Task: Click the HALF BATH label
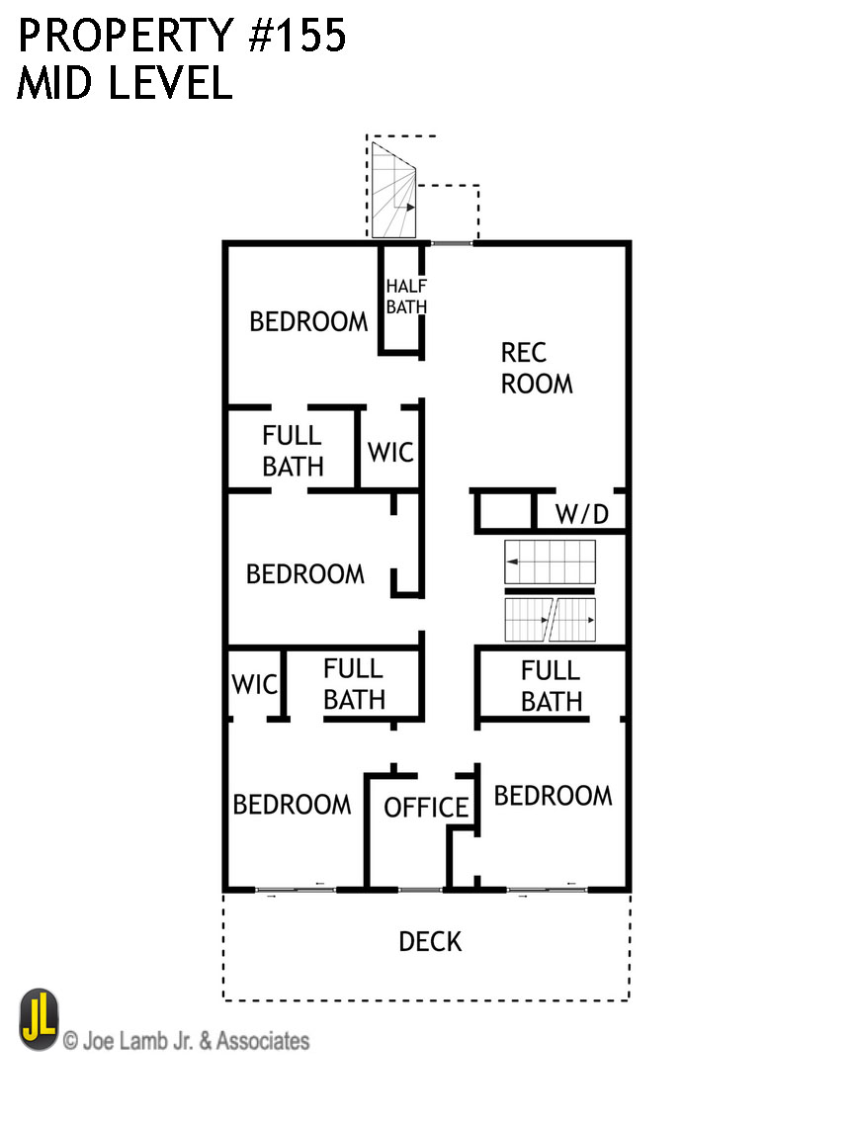click(x=406, y=297)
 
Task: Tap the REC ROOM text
click(x=536, y=368)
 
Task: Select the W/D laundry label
click(x=581, y=514)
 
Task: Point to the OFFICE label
click(x=426, y=808)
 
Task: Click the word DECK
click(x=430, y=941)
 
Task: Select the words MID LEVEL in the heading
click(x=124, y=84)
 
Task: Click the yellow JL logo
click(x=39, y=1020)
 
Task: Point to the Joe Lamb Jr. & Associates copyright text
click(x=186, y=1041)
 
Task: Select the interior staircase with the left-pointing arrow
click(x=551, y=561)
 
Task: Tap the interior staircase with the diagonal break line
click(x=551, y=620)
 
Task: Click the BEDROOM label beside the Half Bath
click(x=308, y=322)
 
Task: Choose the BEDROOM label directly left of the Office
click(x=292, y=805)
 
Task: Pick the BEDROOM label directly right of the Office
click(x=553, y=796)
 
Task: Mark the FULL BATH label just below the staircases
click(x=552, y=686)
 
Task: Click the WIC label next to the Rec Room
click(x=390, y=453)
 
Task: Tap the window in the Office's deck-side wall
click(x=420, y=889)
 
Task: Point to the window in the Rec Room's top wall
click(x=451, y=242)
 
